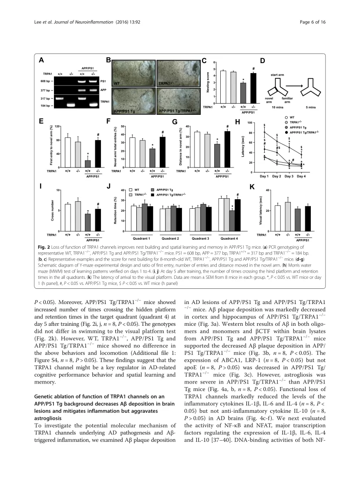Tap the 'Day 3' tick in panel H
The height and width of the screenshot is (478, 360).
[x=289, y=177]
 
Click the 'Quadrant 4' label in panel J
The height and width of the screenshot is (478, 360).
[x=229, y=238]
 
